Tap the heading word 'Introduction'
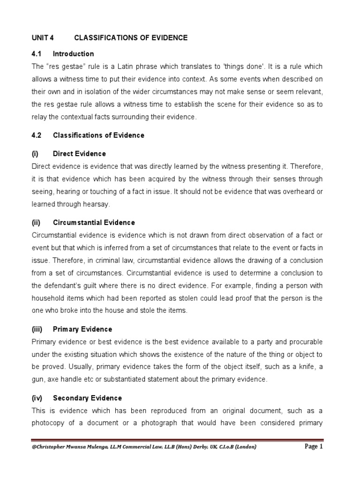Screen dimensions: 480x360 pos(73,53)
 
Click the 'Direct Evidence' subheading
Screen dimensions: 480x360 pos(79,154)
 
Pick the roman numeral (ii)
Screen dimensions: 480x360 pos(37,223)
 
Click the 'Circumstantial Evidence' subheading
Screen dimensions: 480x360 pos(94,223)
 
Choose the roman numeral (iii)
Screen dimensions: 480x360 pos(37,329)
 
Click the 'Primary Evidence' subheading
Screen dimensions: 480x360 pos(82,329)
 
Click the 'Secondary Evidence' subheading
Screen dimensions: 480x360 pos(87,398)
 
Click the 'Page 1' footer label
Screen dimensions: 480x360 pos(314,447)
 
